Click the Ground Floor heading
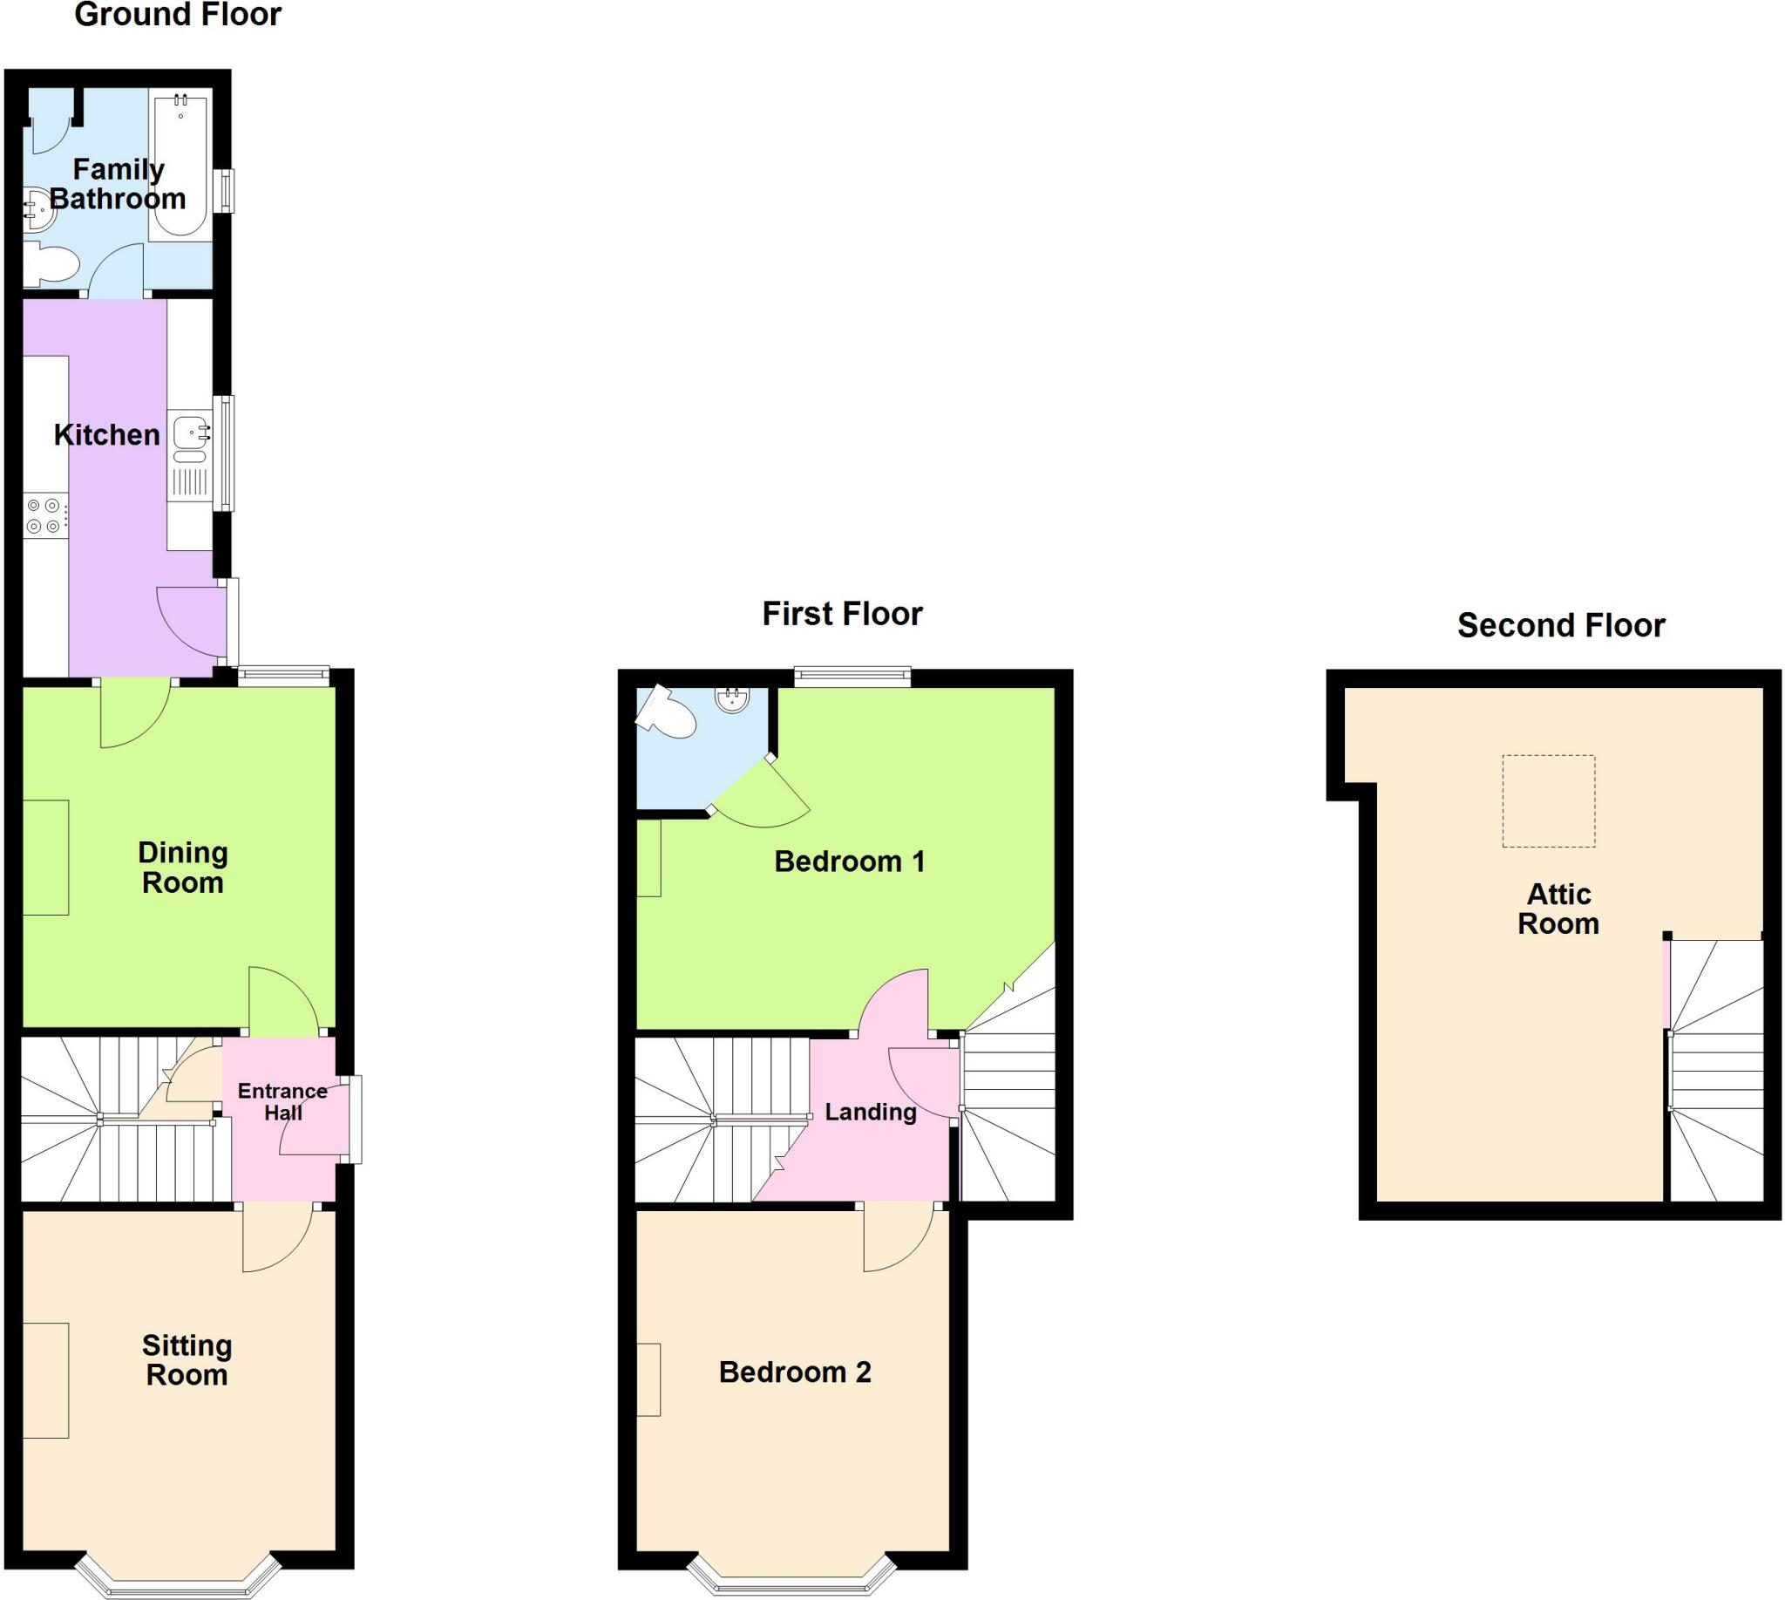click(178, 14)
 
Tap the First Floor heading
click(842, 614)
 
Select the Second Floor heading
click(1561, 625)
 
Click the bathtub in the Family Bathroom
click(181, 166)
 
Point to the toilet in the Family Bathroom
click(50, 262)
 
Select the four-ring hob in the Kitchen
click(44, 516)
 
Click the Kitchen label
click(106, 434)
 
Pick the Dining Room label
click(183, 867)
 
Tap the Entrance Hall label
click(282, 1101)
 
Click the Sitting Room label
click(187, 1359)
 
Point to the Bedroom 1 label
click(849, 861)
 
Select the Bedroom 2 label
click(795, 1372)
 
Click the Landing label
click(870, 1112)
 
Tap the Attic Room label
click(1558, 909)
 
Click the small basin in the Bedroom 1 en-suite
click(732, 700)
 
